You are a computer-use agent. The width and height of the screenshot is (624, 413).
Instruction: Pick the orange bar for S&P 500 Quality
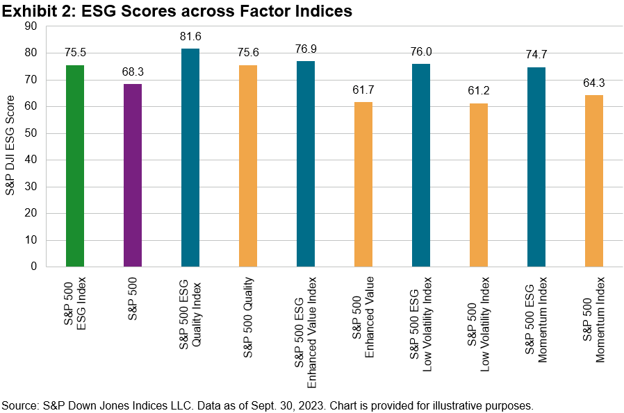click(x=248, y=166)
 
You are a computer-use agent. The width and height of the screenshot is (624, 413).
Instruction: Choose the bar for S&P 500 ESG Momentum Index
click(x=536, y=167)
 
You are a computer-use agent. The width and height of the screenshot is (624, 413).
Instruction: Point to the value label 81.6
click(x=190, y=36)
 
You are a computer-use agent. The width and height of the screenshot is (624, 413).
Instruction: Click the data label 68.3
click(x=133, y=71)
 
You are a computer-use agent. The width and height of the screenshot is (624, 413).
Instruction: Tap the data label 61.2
click(x=479, y=90)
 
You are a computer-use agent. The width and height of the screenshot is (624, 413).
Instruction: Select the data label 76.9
click(x=306, y=49)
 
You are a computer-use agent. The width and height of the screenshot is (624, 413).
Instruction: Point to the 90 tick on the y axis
click(x=32, y=26)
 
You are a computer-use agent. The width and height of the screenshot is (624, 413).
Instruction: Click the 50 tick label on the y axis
click(x=32, y=133)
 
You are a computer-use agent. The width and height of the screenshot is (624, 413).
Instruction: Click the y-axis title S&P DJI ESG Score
click(x=12, y=146)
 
